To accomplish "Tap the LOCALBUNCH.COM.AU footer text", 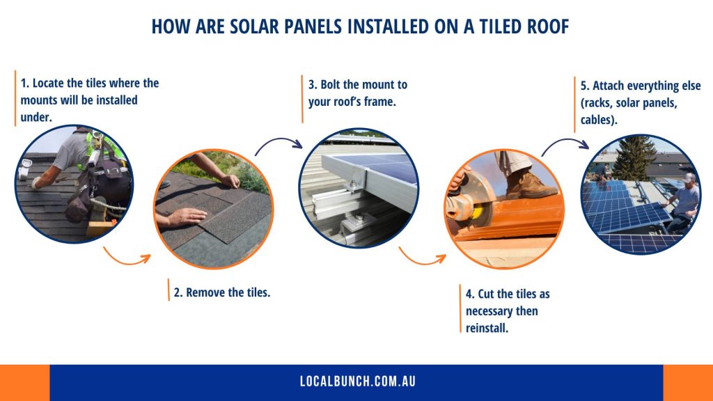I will coord(356,382).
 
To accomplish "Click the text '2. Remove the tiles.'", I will coord(221,292).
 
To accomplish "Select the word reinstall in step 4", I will coord(487,327).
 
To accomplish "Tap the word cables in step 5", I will coord(598,120).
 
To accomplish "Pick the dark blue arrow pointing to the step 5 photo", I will coord(565,143).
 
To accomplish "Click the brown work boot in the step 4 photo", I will coord(530,184).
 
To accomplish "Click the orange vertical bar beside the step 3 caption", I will coord(302,98).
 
